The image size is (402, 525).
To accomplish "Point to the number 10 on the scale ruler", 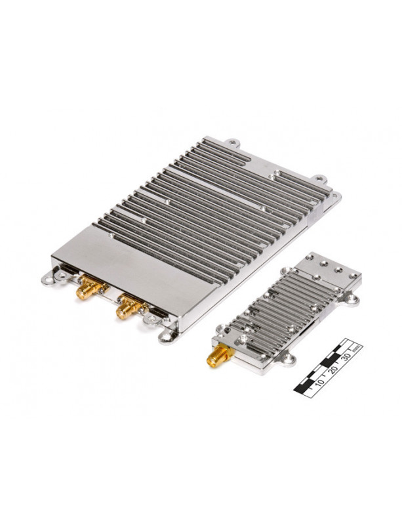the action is (x=320, y=382).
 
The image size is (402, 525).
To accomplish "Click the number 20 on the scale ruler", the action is (x=334, y=369).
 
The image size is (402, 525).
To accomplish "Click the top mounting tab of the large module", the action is (x=233, y=143).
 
